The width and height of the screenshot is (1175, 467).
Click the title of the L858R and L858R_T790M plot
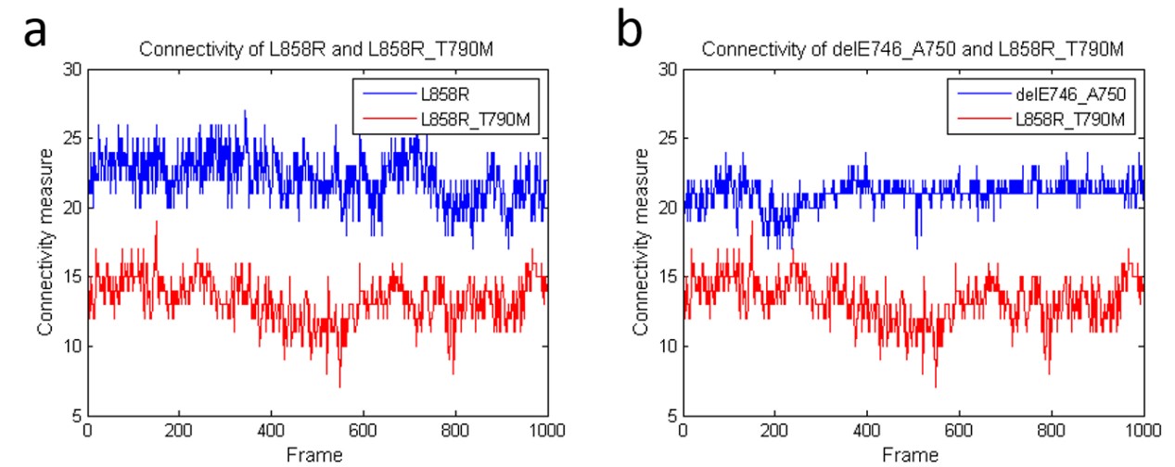pyautogui.click(x=316, y=50)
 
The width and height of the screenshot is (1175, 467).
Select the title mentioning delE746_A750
pyautogui.click(x=913, y=50)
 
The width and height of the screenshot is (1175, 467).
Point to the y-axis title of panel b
pyautogui.click(x=641, y=242)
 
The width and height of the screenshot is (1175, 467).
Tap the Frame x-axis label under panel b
pyautogui.click(x=913, y=455)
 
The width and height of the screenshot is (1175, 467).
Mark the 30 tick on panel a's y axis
pyautogui.click(x=72, y=69)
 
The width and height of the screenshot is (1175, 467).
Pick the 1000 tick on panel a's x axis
pyautogui.click(x=545, y=431)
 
